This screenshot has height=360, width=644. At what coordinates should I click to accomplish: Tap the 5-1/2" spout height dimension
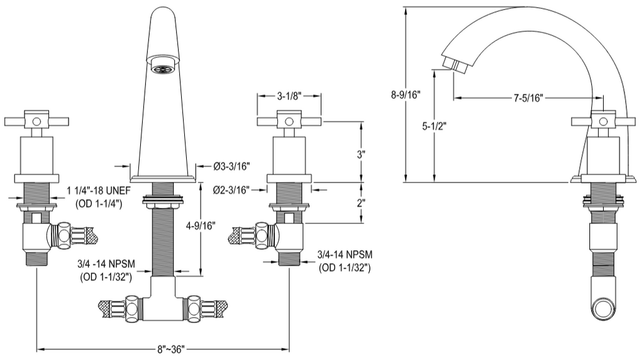coord(433,126)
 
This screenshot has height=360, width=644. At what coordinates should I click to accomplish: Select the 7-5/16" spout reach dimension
coord(528,98)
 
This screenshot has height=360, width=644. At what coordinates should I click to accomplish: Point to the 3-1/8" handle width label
coord(289,96)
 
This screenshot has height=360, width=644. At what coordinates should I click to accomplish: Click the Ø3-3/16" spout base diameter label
coord(231,166)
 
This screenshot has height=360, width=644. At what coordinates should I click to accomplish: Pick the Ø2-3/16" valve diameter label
coord(231,189)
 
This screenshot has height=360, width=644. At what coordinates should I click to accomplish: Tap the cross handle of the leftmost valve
coord(36,120)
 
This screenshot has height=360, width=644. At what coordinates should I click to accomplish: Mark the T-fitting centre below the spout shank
coord(162,305)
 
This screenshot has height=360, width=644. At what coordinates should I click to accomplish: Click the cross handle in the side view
coord(602,120)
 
